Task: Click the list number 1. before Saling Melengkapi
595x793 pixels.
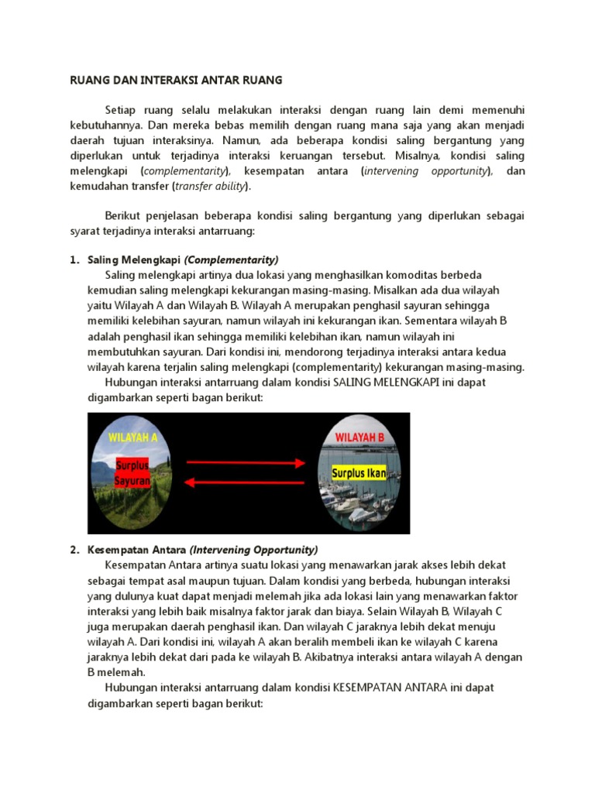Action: pos(74,260)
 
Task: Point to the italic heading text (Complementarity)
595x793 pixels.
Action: pos(231,260)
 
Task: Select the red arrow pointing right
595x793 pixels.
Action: pos(246,463)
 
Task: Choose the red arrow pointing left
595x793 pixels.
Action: pos(246,482)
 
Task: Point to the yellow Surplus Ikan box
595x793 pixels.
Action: pos(359,472)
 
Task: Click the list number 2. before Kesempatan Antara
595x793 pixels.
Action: pos(74,550)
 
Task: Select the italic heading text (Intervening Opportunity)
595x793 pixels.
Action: pos(253,550)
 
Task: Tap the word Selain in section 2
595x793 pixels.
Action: pos(426,611)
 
